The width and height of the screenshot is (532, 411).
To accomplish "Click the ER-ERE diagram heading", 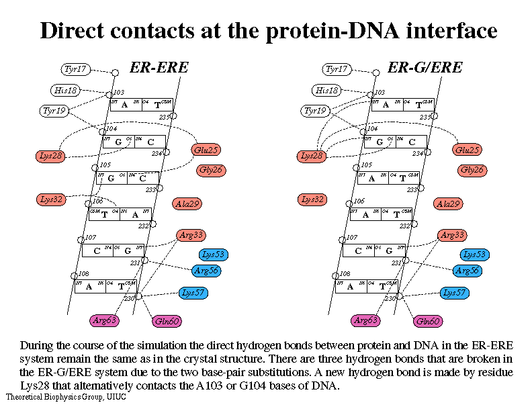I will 159,67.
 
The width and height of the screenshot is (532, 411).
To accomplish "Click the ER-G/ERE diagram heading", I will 425,67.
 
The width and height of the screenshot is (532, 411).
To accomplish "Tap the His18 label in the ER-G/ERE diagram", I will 327,91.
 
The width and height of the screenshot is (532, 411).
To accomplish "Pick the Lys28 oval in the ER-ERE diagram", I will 50,156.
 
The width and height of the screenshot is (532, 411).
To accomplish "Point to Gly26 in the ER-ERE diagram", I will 210,170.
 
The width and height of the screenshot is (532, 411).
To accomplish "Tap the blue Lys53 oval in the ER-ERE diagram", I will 213,255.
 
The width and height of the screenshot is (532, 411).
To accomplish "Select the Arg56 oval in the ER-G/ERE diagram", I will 468,271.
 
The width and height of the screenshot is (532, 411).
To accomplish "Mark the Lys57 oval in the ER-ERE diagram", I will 193,292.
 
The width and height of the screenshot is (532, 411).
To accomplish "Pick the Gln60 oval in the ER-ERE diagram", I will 167,322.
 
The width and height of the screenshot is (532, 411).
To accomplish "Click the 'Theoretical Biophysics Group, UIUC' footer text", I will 66,397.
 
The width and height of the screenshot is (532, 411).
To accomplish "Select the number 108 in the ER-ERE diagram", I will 83,274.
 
